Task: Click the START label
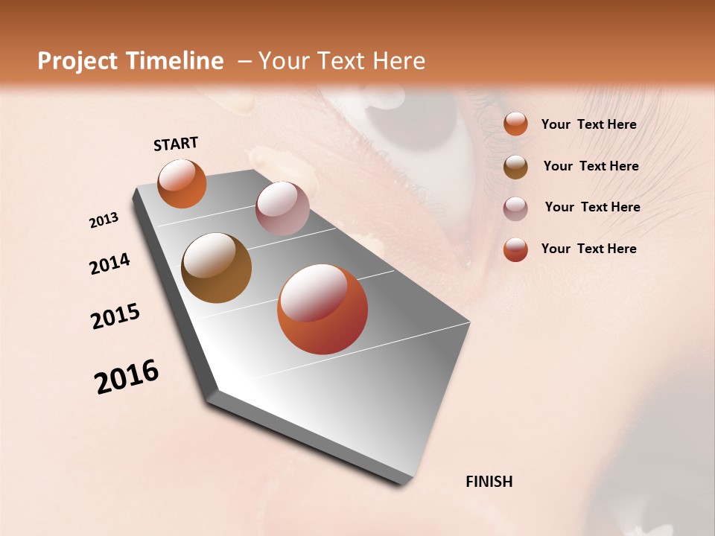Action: pos(176,144)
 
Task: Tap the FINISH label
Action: pos(489,482)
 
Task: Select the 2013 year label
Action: pos(104,220)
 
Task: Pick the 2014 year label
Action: pos(109,264)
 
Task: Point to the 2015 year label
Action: pos(115,316)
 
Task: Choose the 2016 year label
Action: pos(127,377)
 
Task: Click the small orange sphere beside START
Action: pos(182,183)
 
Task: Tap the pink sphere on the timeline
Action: pos(282,208)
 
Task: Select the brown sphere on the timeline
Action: pos(216,268)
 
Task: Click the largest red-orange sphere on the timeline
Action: pos(322,309)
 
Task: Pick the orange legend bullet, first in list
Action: pos(515,124)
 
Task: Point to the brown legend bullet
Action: pos(515,166)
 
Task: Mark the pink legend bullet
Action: pos(515,208)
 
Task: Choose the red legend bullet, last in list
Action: pos(515,249)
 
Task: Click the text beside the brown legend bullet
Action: pos(591,166)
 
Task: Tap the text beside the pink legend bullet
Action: pos(592,207)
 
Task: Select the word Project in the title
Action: pos(75,61)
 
